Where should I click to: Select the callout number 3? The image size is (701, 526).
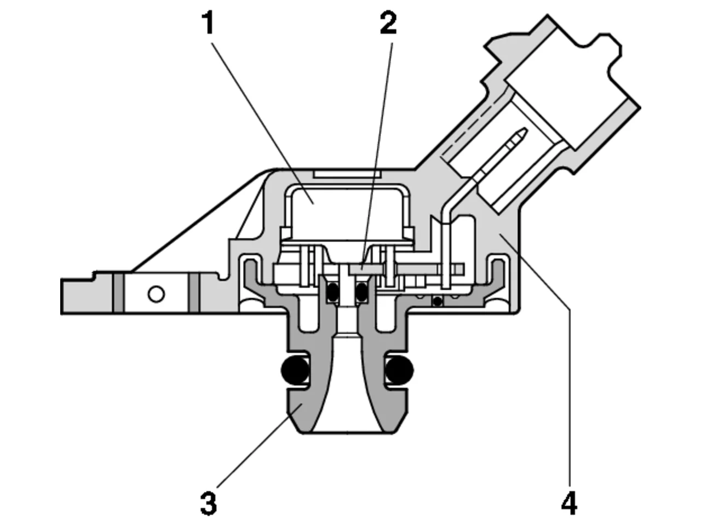(209, 504)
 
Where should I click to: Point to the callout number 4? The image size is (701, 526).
(569, 504)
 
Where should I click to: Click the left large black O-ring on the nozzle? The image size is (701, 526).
(295, 370)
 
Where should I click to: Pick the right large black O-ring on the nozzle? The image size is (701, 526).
(400, 370)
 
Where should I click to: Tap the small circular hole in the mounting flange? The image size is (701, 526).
(156, 294)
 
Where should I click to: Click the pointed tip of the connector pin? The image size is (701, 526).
(525, 130)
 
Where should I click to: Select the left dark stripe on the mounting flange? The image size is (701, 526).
(118, 292)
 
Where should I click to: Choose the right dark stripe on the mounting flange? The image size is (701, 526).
(193, 292)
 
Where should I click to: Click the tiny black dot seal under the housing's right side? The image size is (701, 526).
(437, 301)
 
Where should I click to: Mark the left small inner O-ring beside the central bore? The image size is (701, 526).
(333, 292)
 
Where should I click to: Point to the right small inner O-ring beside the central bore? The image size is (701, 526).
(362, 292)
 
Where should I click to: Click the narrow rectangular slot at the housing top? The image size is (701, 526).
(347, 174)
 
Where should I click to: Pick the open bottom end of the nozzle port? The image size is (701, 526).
(347, 432)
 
